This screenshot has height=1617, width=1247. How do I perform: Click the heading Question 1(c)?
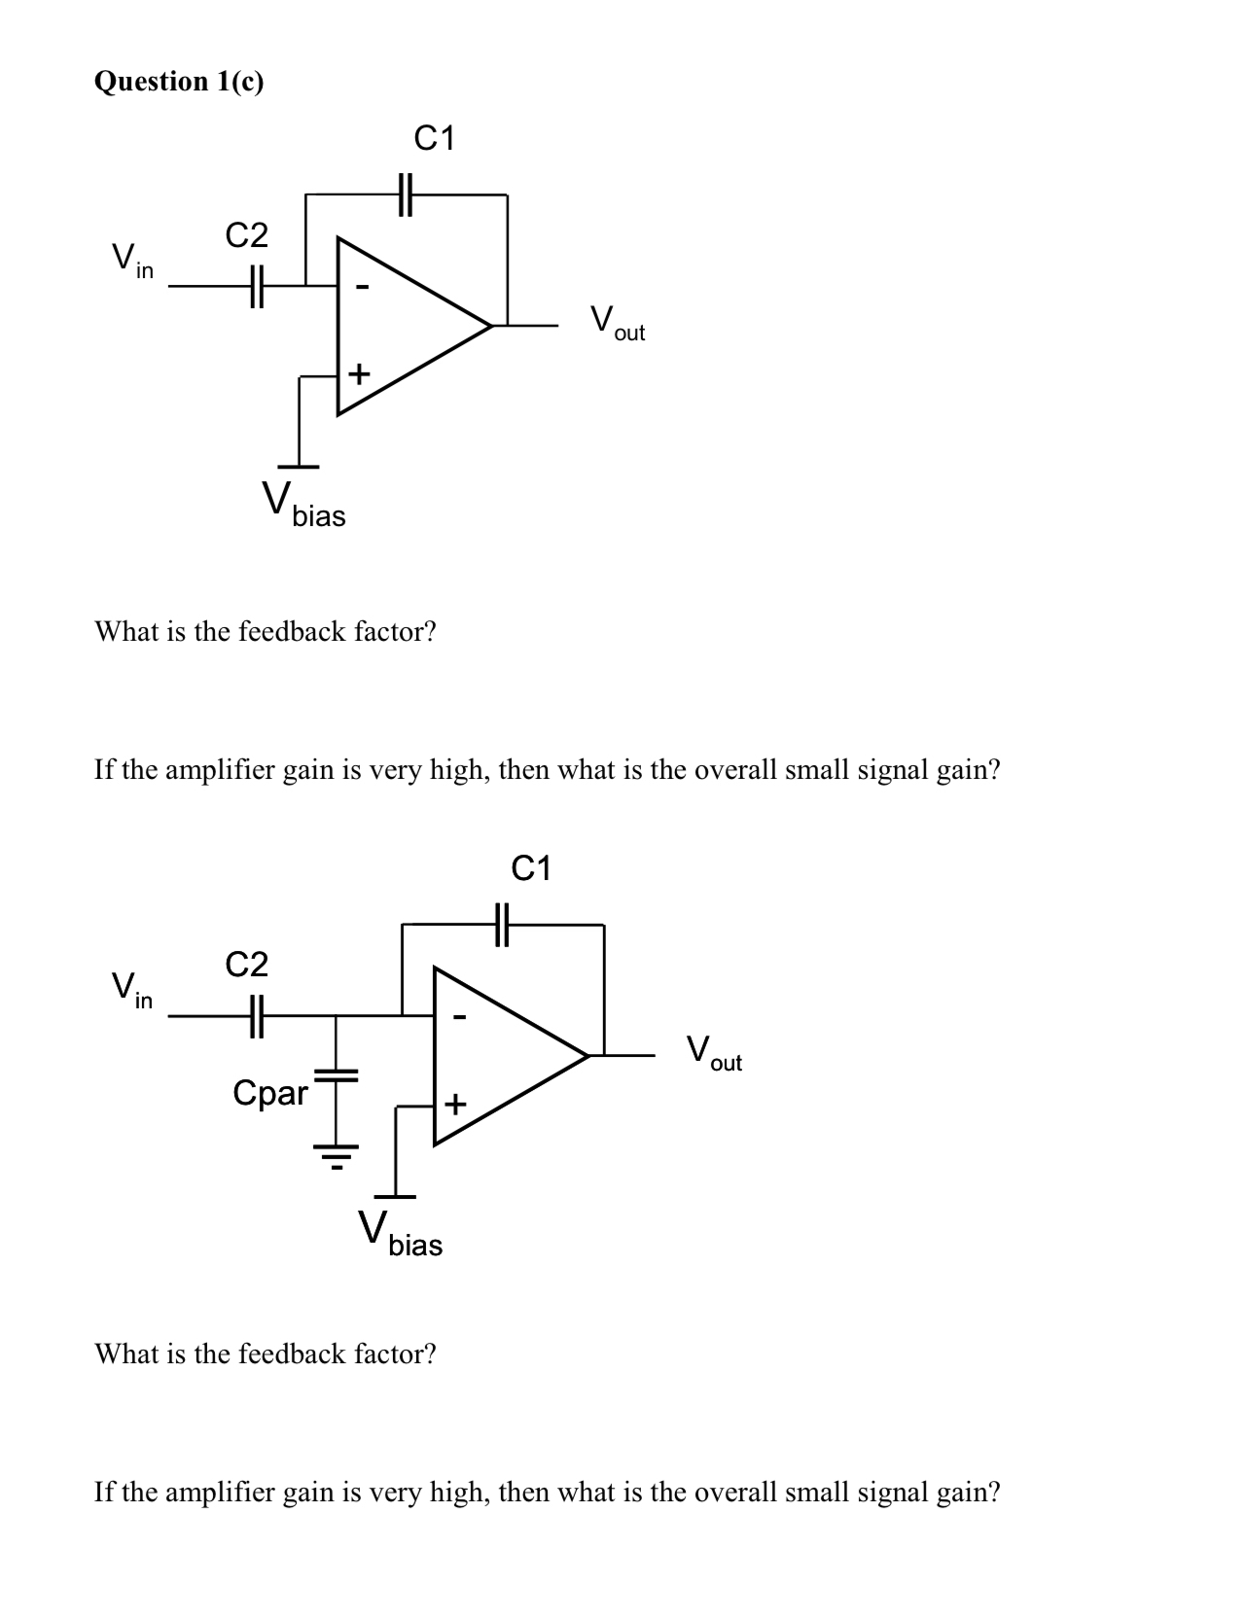[x=178, y=82]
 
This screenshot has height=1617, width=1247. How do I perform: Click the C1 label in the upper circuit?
[x=434, y=139]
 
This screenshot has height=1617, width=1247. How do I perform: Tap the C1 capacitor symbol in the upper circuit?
[x=407, y=194]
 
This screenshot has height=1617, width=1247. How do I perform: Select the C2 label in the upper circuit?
[x=246, y=235]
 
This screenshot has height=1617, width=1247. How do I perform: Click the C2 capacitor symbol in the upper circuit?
[x=256, y=286]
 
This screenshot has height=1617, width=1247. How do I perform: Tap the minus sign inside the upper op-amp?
[x=363, y=288]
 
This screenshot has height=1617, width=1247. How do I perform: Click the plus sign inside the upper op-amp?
[x=359, y=373]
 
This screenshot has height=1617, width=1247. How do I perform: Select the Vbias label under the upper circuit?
[x=303, y=504]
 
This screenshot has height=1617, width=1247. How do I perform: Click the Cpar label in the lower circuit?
[x=269, y=1093]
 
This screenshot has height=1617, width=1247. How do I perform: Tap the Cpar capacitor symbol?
[x=337, y=1076]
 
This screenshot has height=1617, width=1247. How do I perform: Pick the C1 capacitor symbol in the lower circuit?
[x=503, y=925]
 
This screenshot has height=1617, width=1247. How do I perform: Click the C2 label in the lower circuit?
[x=246, y=965]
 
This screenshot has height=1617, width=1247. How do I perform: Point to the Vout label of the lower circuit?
[x=713, y=1053]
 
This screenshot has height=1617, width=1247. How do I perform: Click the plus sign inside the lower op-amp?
[x=455, y=1105]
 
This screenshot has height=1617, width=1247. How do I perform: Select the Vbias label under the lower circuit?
[x=400, y=1233]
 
